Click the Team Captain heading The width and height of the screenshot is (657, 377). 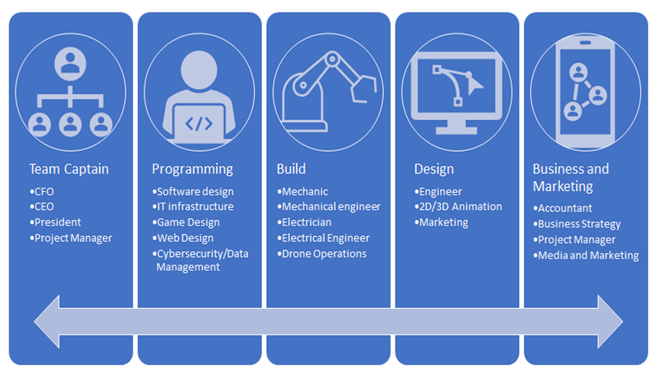(x=69, y=169)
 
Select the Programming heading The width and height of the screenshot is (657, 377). (x=192, y=169)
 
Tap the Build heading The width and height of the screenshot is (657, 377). (x=291, y=169)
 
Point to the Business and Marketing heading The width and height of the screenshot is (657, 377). (x=571, y=177)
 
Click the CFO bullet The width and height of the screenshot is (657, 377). (x=42, y=192)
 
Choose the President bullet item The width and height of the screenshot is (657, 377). (x=55, y=222)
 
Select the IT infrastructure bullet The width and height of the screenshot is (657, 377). (x=193, y=207)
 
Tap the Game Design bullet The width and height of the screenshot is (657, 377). (x=186, y=222)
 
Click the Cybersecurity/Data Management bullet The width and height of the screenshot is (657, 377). (x=200, y=260)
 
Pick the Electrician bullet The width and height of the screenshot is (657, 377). (x=304, y=222)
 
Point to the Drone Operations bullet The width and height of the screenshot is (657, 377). (x=322, y=254)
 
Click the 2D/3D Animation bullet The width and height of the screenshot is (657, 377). (x=458, y=207)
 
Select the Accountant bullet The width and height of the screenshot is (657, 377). (x=563, y=208)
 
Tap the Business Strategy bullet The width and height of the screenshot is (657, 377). (x=577, y=224)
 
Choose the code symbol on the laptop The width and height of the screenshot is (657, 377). (x=199, y=124)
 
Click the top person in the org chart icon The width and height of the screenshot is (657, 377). (x=71, y=64)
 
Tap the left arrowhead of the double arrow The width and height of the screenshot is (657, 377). (x=47, y=322)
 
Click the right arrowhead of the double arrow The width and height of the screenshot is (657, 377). (x=610, y=322)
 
